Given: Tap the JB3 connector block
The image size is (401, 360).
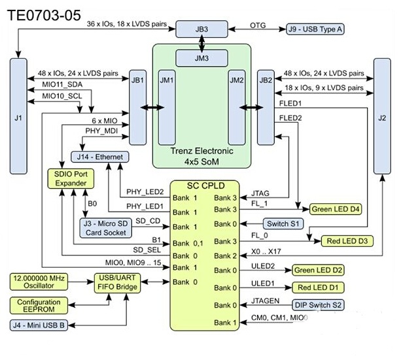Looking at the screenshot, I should pyautogui.click(x=201, y=29).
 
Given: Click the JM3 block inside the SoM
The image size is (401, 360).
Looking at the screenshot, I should pyautogui.click(x=201, y=58).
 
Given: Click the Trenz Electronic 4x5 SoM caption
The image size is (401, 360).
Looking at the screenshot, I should pyautogui.click(x=201, y=155).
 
